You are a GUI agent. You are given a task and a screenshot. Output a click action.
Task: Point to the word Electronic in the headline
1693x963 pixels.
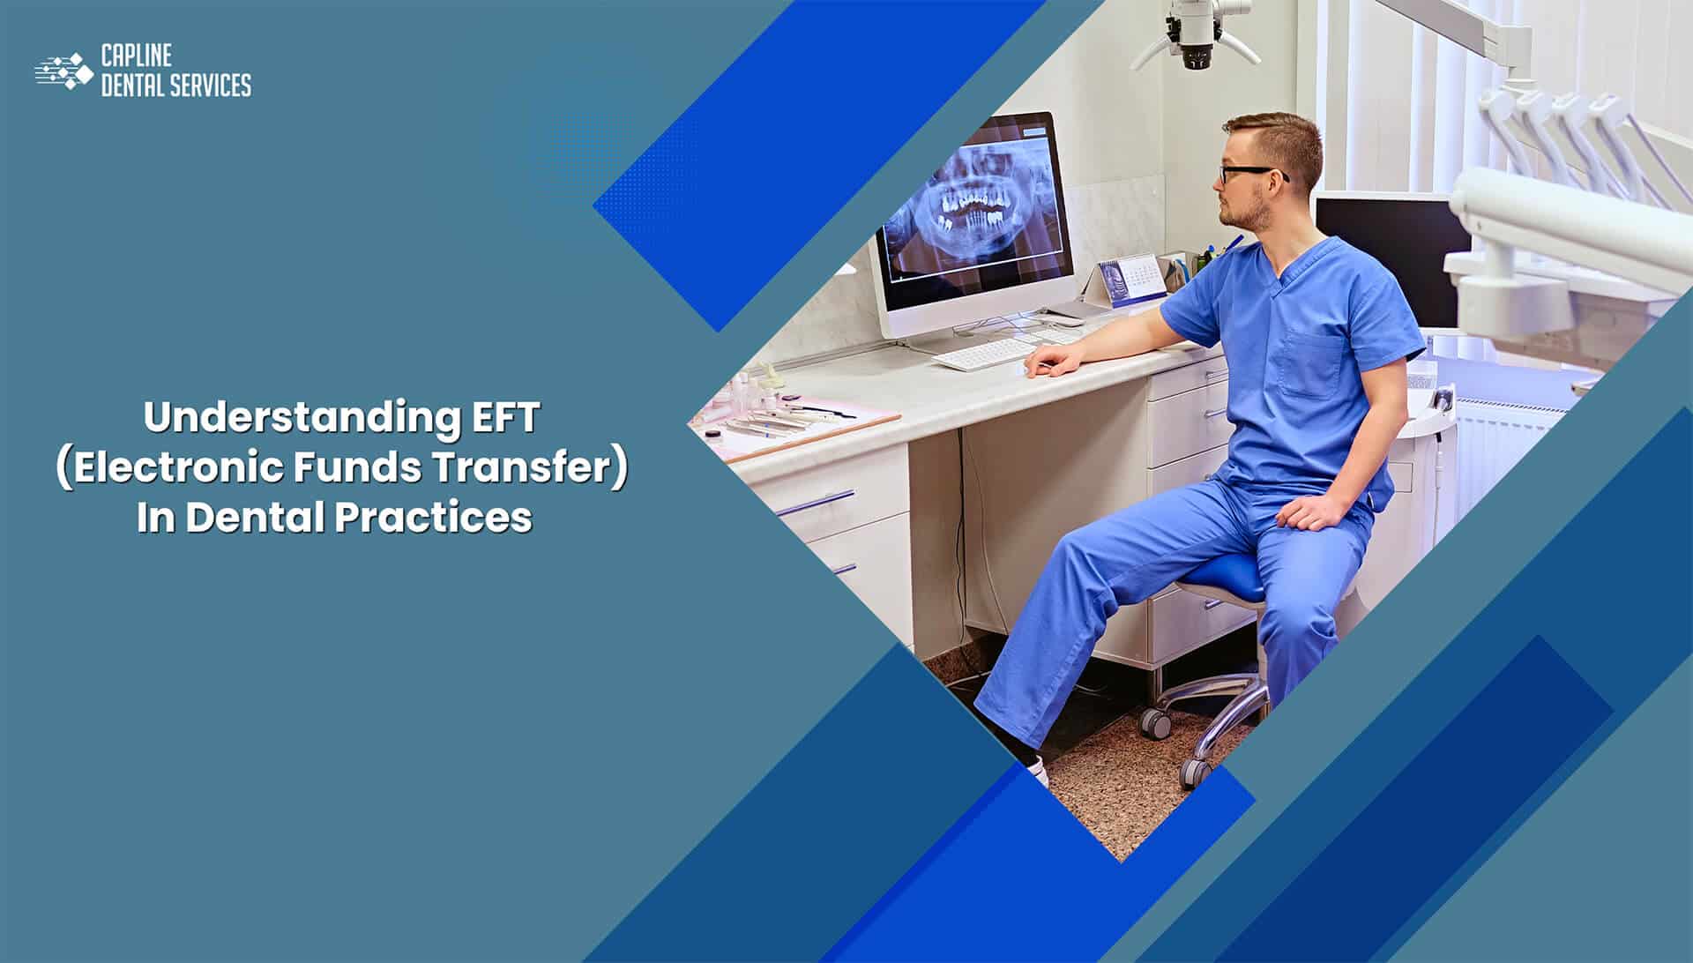point(178,467)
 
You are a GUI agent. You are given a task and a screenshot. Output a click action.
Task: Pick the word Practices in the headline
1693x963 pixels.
point(433,518)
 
